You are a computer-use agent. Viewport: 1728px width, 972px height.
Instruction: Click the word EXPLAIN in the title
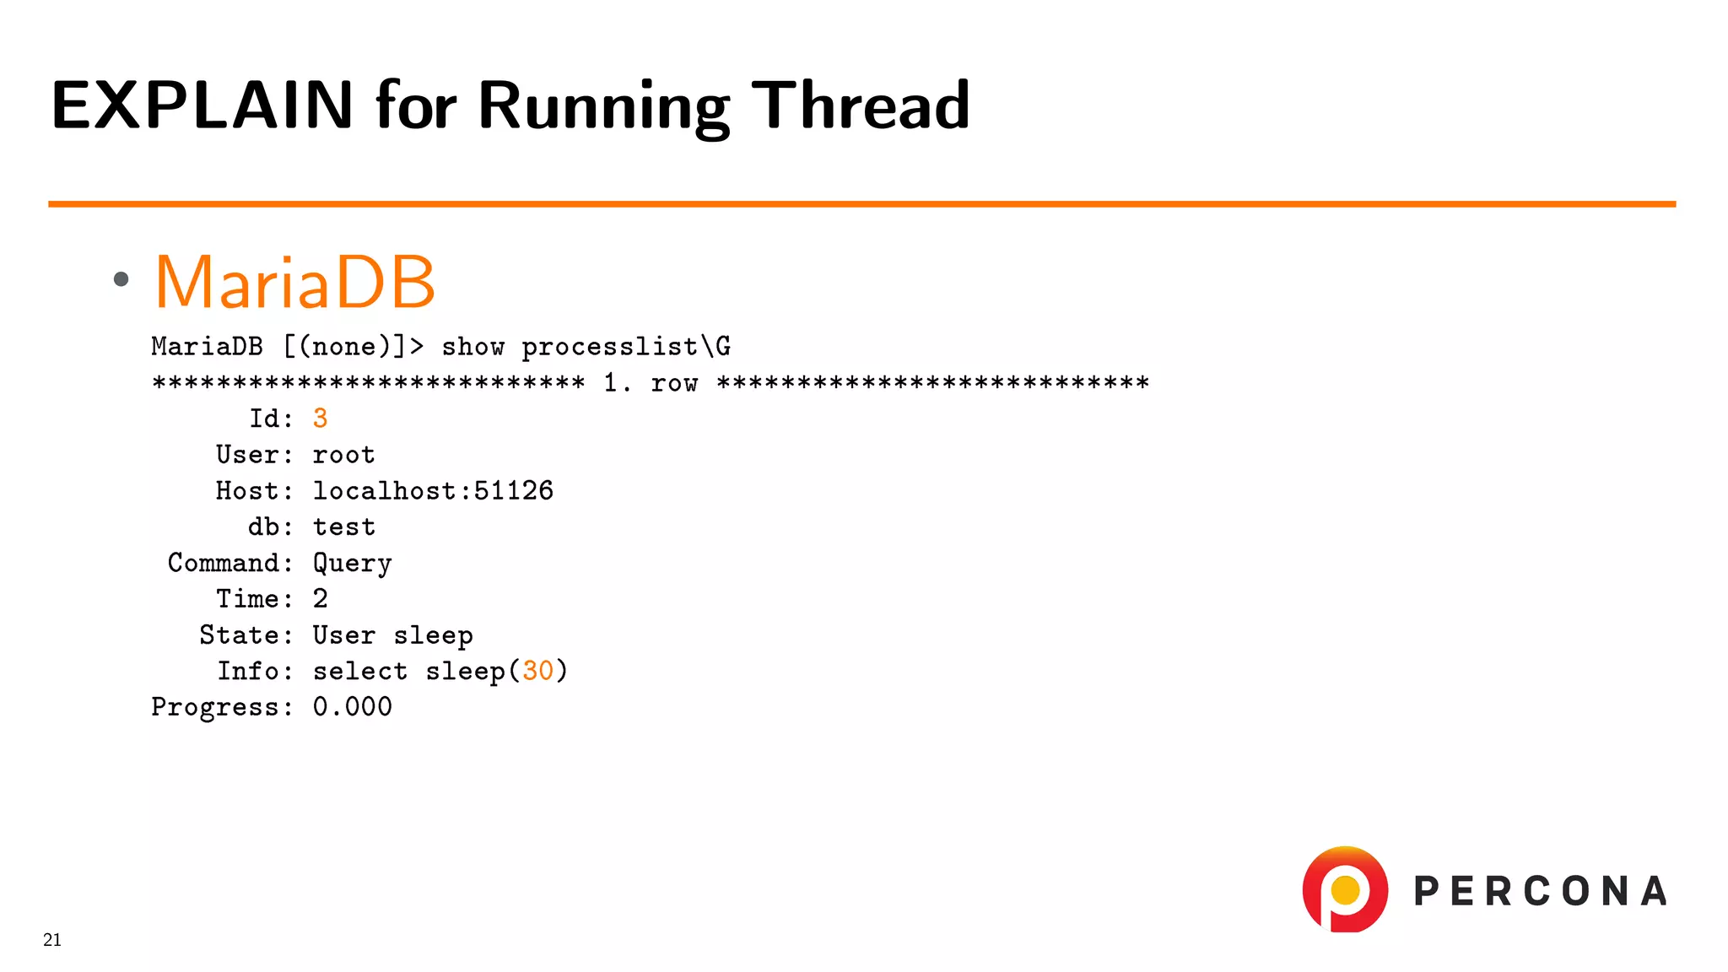click(202, 105)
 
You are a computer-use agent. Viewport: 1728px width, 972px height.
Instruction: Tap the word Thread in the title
click(860, 105)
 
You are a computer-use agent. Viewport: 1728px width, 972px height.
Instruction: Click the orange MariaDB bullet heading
click(294, 282)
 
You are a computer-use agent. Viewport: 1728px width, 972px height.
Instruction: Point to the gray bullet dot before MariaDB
click(121, 279)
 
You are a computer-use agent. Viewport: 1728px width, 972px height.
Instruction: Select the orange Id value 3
click(320, 418)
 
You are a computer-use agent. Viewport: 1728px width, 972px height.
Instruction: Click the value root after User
click(343, 455)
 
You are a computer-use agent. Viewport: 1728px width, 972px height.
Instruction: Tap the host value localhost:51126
click(433, 491)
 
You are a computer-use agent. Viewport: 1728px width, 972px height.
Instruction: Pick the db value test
click(343, 527)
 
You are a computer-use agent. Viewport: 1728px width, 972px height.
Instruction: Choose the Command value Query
click(352, 564)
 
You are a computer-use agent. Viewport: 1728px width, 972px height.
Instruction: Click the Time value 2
click(320, 599)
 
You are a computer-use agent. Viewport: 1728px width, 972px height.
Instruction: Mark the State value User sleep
click(392, 635)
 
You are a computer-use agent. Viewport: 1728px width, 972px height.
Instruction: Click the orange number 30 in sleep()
click(537, 671)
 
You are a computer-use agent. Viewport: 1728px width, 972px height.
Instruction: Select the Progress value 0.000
click(352, 707)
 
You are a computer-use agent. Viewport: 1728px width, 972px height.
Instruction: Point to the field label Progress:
click(222, 707)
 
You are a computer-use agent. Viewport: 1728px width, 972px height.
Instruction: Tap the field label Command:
click(230, 563)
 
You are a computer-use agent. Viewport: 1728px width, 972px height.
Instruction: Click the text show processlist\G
click(586, 347)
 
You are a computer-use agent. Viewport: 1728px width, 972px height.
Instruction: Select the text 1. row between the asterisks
click(651, 383)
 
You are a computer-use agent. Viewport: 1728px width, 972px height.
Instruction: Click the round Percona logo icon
click(1345, 889)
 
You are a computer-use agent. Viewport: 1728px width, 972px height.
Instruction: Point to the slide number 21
click(52, 940)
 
